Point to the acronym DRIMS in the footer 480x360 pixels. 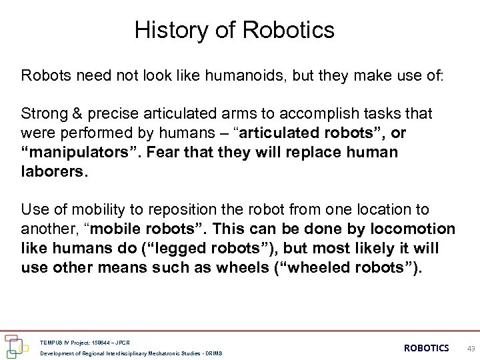(x=213, y=353)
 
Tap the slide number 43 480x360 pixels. (x=470, y=348)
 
